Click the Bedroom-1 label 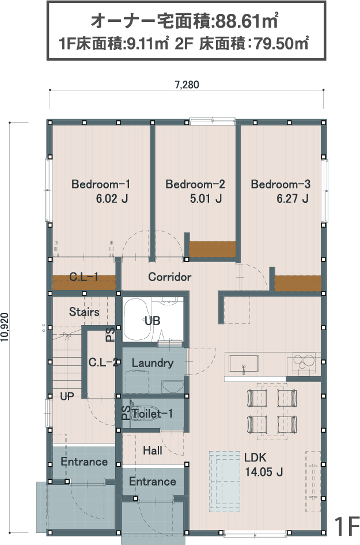point(101,184)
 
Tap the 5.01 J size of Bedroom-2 point(206,198)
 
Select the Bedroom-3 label point(281,184)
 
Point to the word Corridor point(169,277)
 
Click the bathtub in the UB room point(137,320)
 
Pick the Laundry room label point(153,363)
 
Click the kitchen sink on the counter point(243,364)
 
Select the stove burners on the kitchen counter point(304,362)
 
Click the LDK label point(255,457)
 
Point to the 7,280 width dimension point(187,85)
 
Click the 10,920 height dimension point(5,327)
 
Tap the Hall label point(153,451)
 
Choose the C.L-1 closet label point(84,277)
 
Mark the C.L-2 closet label point(103,362)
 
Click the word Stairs point(84,312)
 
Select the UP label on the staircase point(67,396)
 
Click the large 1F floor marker point(347,526)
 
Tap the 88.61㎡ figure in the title point(247,21)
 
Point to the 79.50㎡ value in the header point(282,44)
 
